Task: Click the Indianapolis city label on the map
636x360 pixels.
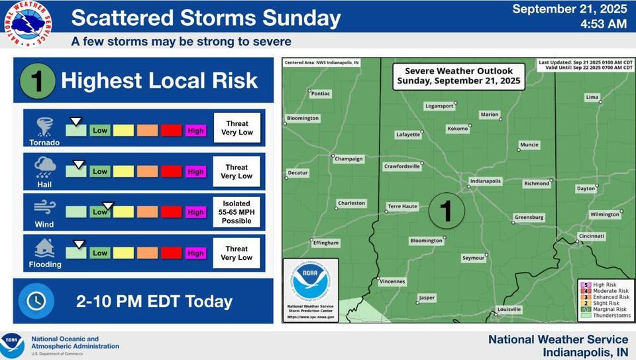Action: point(486,181)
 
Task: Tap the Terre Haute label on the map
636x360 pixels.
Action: point(403,206)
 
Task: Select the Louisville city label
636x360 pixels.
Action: point(509,310)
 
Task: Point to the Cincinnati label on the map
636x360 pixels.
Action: point(591,236)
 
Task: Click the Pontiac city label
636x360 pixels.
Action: point(320,94)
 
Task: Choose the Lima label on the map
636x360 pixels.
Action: point(592,97)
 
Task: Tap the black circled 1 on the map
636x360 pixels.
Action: point(446,211)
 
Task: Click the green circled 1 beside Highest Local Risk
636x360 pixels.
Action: point(36,82)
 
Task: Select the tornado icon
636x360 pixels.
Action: point(45,127)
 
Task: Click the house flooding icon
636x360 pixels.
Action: point(45,249)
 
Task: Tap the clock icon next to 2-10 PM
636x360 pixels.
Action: point(36,302)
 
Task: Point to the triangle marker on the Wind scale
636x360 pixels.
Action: point(108,206)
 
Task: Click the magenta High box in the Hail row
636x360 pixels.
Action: point(195,172)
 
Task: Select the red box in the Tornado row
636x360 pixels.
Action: point(171,131)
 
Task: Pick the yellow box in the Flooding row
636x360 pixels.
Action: point(123,253)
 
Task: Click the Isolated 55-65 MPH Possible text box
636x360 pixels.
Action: point(237,212)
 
